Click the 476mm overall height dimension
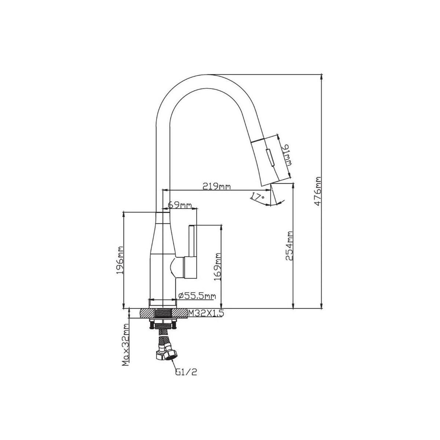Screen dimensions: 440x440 point(318,191)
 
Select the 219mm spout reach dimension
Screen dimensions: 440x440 point(216,187)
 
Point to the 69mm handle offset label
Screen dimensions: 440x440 point(180,205)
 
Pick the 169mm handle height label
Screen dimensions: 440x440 point(217,267)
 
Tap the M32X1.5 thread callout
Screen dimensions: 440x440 point(205,313)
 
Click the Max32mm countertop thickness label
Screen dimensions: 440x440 point(125,349)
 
